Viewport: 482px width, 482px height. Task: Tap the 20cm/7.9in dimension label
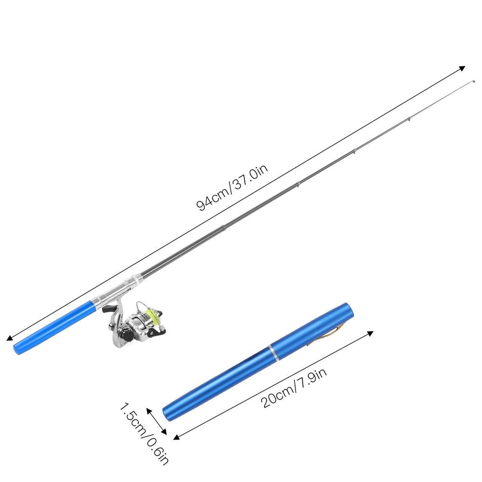pyautogui.click(x=294, y=388)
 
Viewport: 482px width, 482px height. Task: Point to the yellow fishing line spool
pyautogui.click(x=152, y=317)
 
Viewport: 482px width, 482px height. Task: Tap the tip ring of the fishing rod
pyautogui.click(x=473, y=82)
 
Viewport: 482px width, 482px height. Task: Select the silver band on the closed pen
pyautogui.click(x=273, y=352)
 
